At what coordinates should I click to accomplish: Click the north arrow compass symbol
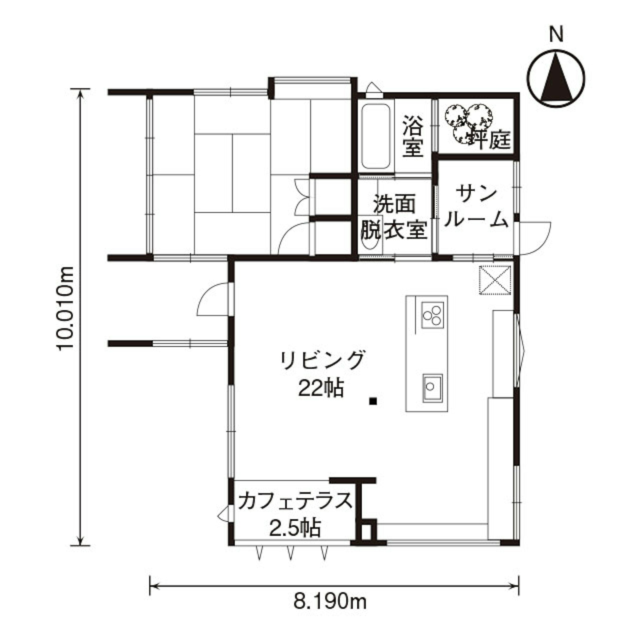pyautogui.click(x=556, y=78)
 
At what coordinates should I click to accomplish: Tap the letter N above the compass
pyautogui.click(x=557, y=34)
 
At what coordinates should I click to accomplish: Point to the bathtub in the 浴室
pyautogui.click(x=375, y=136)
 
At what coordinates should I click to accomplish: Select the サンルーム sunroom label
pyautogui.click(x=476, y=207)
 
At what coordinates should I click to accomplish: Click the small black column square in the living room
pyautogui.click(x=374, y=401)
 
